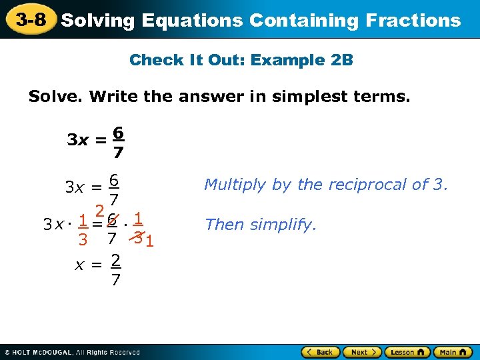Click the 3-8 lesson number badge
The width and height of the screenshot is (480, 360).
(x=31, y=19)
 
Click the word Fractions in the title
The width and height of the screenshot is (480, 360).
(x=413, y=20)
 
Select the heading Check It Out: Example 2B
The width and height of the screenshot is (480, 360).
(x=241, y=60)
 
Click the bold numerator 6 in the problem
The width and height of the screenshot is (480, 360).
(x=117, y=133)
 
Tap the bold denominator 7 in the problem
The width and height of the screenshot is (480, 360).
(x=117, y=153)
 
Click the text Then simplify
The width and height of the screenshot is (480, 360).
(x=261, y=225)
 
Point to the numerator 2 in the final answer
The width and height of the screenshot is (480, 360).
(x=115, y=259)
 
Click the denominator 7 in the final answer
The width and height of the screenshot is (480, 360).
(x=115, y=280)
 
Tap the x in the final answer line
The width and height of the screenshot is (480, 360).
(x=79, y=265)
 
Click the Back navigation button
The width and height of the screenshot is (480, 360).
(x=321, y=351)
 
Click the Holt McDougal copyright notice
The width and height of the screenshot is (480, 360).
(x=71, y=352)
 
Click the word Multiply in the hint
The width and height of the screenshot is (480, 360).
(x=231, y=185)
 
